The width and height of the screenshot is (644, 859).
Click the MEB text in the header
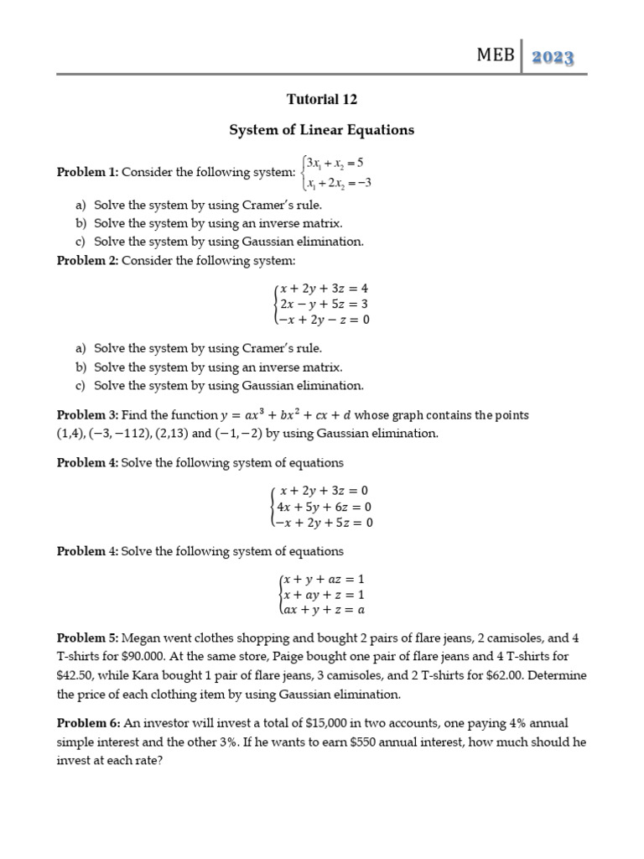point(495,56)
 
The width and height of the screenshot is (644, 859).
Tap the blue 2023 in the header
point(552,57)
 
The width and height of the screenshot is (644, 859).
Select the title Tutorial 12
point(322,99)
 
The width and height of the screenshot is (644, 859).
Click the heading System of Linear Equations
point(322,130)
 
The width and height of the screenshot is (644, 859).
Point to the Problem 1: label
point(87,172)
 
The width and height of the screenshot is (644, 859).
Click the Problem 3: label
point(87,415)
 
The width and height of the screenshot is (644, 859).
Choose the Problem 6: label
point(87,722)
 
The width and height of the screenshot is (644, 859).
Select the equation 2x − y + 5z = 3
point(324,304)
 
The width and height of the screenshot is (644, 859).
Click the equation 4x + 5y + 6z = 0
point(324,507)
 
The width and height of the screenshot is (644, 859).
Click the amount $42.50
point(75,675)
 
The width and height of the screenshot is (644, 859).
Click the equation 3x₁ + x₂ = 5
point(335,162)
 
